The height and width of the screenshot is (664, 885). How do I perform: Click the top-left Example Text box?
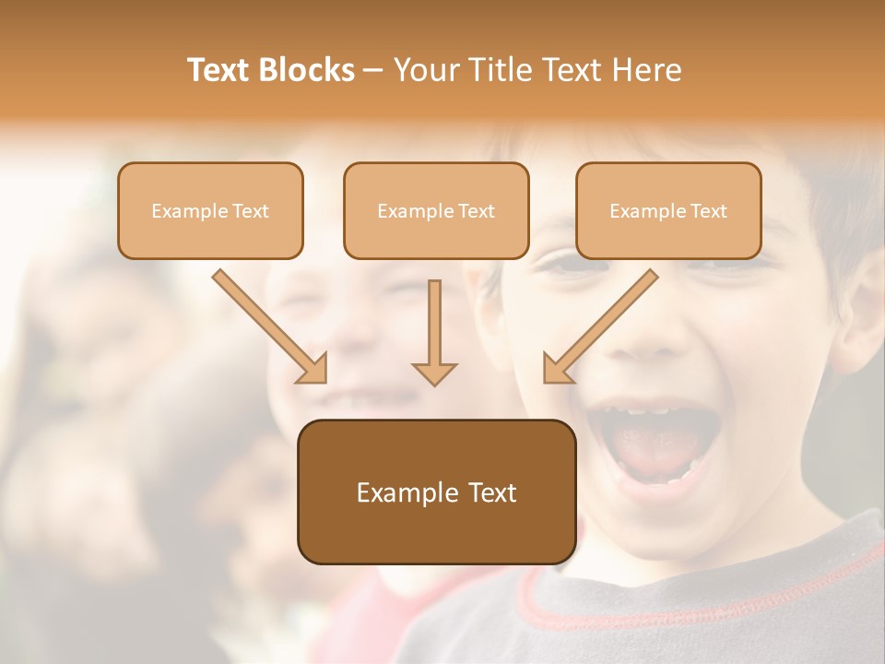tap(210, 210)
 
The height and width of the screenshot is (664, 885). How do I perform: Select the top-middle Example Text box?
tap(436, 210)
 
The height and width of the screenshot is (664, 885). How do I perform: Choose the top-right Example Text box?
tap(668, 210)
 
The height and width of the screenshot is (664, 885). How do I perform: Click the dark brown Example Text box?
tap(436, 492)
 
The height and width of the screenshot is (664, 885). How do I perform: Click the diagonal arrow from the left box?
tap(267, 323)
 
